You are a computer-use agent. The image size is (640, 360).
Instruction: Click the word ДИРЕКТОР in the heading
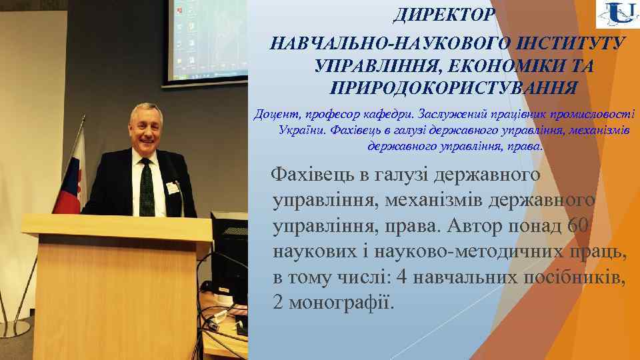click(444, 14)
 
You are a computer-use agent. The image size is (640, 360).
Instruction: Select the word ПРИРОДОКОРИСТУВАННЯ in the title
click(453, 87)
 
